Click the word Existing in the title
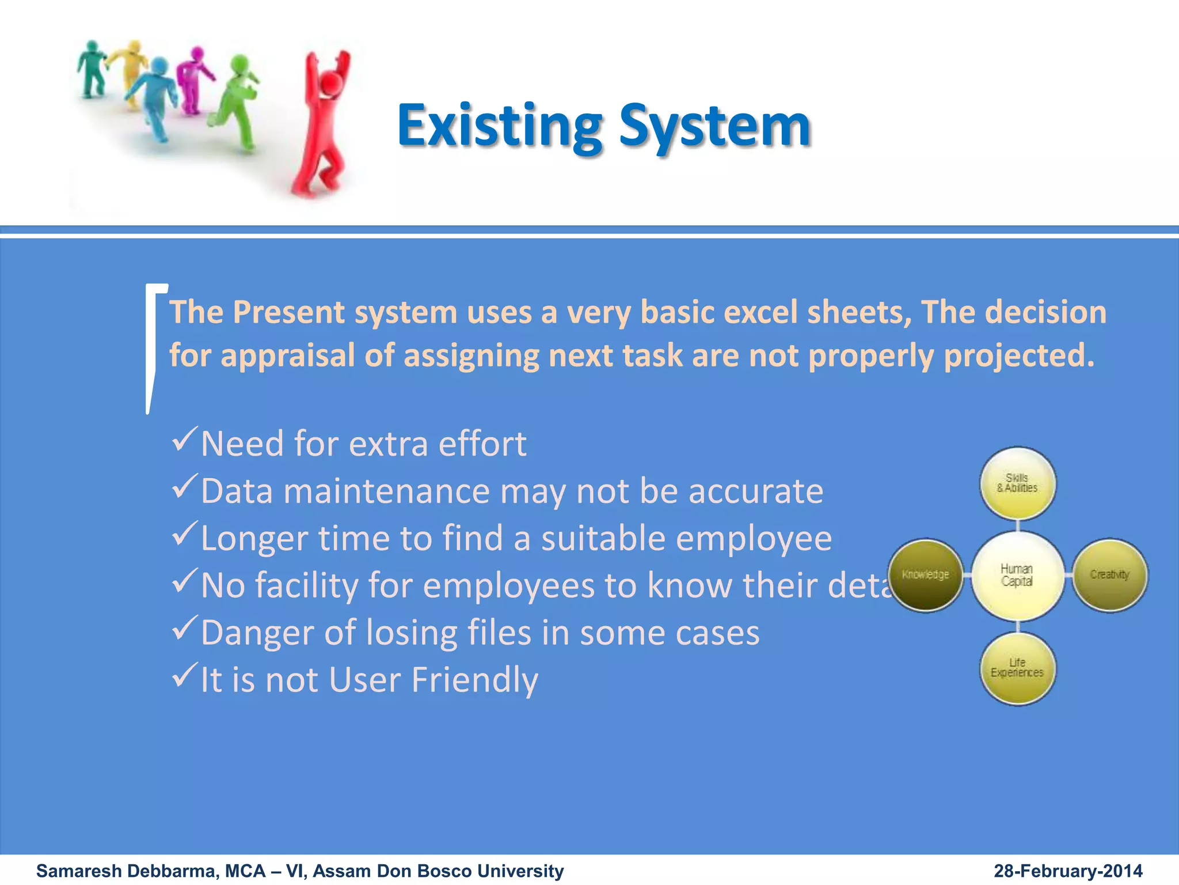[500, 126]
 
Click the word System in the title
[714, 126]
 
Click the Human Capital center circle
[1017, 575]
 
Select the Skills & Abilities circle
[1017, 483]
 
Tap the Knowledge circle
[925, 575]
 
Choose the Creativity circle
[1109, 575]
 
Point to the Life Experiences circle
[1017, 668]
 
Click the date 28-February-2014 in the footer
[1068, 871]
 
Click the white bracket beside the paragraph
[153, 346]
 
